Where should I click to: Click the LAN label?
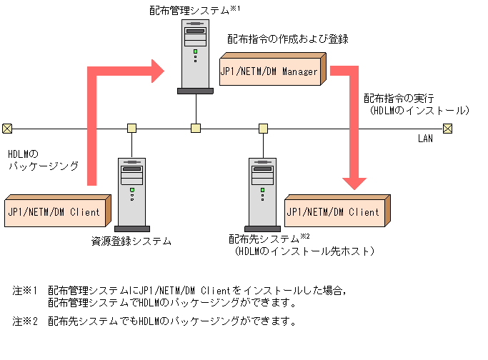(425, 139)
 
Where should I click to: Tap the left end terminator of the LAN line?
(6, 129)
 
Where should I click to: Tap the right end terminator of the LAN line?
(448, 129)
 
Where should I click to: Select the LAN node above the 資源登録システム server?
(131, 129)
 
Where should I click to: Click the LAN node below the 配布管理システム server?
(196, 129)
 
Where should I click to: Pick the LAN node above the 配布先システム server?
(263, 129)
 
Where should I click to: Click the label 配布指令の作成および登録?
(288, 39)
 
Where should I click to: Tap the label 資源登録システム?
(131, 241)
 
